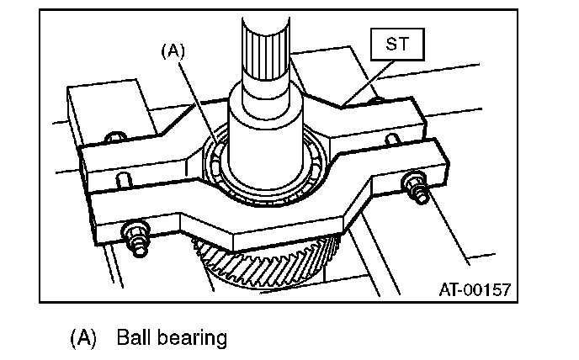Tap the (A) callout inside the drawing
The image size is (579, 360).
(173, 50)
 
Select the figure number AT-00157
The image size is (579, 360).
(474, 290)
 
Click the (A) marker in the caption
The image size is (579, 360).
(84, 338)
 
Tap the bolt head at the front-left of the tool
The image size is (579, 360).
(135, 236)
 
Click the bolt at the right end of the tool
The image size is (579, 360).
(414, 184)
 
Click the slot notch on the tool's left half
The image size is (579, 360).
(125, 179)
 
